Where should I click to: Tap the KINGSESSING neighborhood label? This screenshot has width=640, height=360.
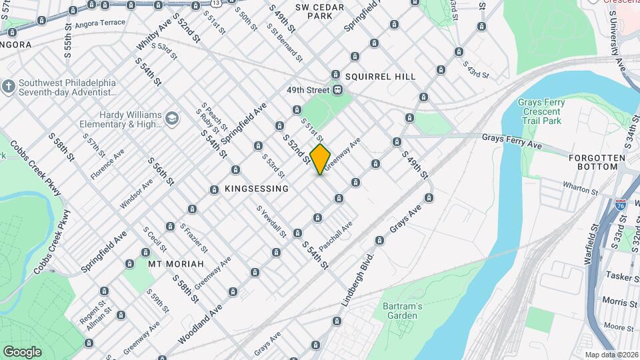pyautogui.click(x=257, y=189)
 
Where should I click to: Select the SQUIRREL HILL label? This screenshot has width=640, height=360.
pyautogui.click(x=380, y=77)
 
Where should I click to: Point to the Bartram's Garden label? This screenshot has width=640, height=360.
pyautogui.click(x=403, y=311)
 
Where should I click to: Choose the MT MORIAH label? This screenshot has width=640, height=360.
pyautogui.click(x=175, y=264)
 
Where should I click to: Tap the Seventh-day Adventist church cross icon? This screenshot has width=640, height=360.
pyautogui.click(x=9, y=87)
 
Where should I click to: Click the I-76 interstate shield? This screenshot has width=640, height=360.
pyautogui.click(x=621, y=205)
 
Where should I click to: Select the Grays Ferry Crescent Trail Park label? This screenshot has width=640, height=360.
pyautogui.click(x=541, y=111)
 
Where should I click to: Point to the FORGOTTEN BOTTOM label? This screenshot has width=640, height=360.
pyautogui.click(x=597, y=163)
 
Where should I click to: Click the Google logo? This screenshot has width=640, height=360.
pyautogui.click(x=22, y=351)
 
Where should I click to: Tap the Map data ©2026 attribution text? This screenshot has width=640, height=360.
pyautogui.click(x=611, y=355)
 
